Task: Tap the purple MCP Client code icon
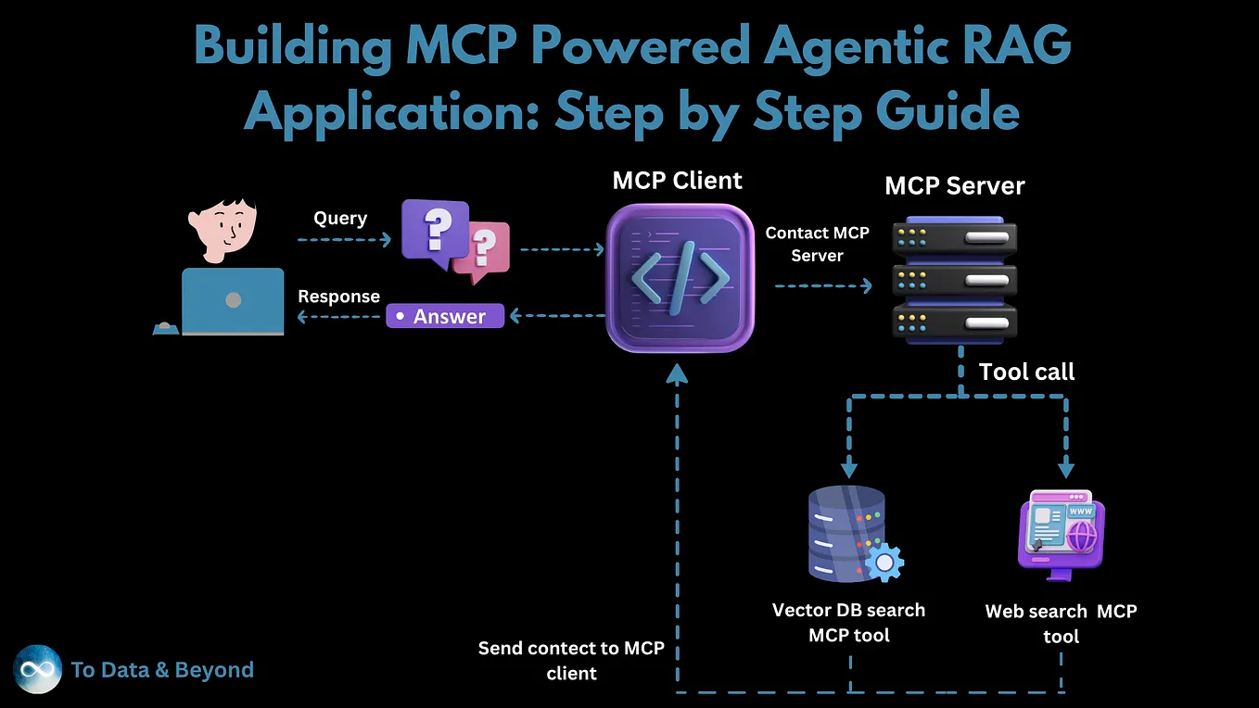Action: [680, 277]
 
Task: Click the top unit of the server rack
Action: [955, 239]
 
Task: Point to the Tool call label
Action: [1026, 372]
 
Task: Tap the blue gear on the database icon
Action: [884, 561]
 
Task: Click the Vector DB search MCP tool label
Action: [848, 622]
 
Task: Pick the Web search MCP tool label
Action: [1061, 624]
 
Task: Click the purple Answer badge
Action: [445, 316]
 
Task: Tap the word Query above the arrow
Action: [340, 218]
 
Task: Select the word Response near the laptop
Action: [338, 296]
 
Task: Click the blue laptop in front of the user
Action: [233, 301]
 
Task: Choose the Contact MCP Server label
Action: [817, 244]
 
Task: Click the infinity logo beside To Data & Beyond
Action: [38, 669]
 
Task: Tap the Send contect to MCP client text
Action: [571, 660]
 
